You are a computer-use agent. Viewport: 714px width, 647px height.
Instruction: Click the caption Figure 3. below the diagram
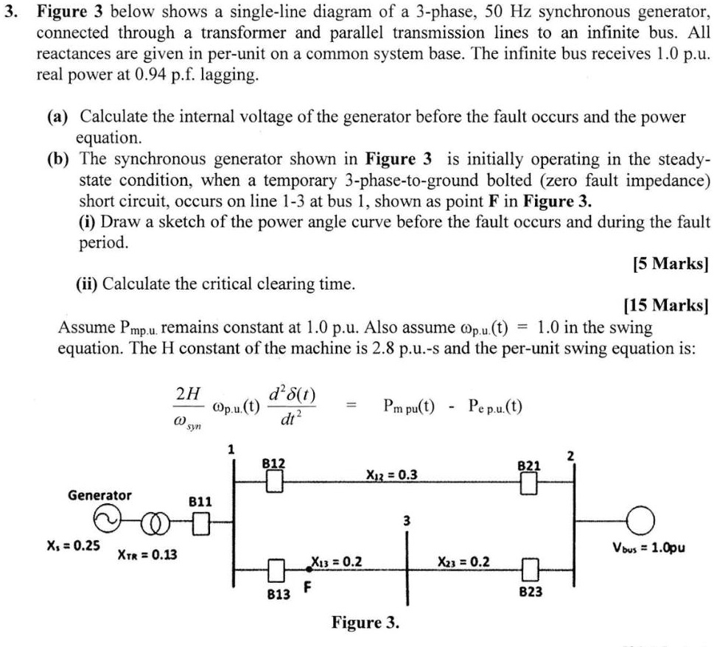[366, 622]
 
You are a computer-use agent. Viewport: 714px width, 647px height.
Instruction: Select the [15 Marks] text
[666, 304]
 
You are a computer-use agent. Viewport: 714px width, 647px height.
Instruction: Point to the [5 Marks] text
[671, 263]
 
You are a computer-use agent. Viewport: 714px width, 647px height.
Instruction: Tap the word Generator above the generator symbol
[99, 494]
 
